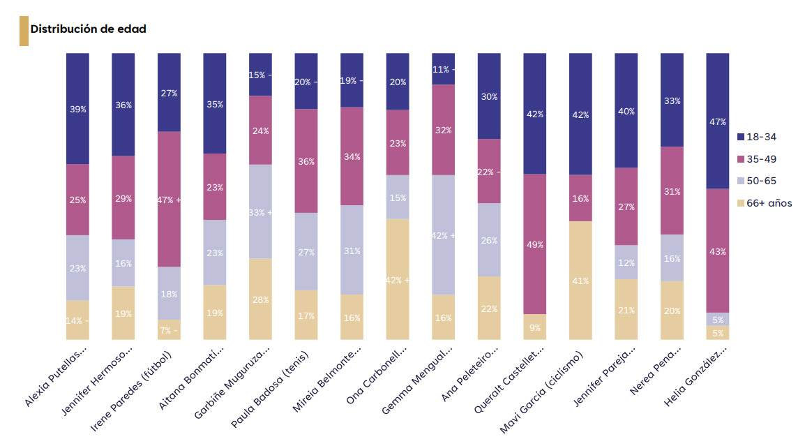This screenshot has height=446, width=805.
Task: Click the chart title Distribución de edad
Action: pyautogui.click(x=88, y=29)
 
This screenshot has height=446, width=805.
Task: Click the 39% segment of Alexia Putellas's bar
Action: pyautogui.click(x=77, y=109)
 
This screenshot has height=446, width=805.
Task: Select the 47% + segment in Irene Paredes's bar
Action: pyautogui.click(x=169, y=200)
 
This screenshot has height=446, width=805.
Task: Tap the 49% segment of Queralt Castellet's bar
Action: pyautogui.click(x=535, y=244)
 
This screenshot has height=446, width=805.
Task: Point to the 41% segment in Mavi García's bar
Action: pyautogui.click(x=580, y=281)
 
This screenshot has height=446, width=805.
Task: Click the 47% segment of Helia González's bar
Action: pyautogui.click(x=718, y=121)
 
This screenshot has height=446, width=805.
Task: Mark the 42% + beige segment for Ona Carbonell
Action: pyautogui.click(x=398, y=279)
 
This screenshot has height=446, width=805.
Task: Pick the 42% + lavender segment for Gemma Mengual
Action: pyautogui.click(x=443, y=235)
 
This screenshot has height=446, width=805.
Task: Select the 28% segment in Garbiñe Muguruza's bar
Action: pyautogui.click(x=261, y=299)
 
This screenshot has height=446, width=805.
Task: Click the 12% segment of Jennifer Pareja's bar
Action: pyautogui.click(x=626, y=262)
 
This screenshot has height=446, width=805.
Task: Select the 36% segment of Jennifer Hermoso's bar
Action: pyautogui.click(x=123, y=105)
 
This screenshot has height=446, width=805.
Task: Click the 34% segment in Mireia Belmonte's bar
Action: pyautogui.click(x=352, y=156)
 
